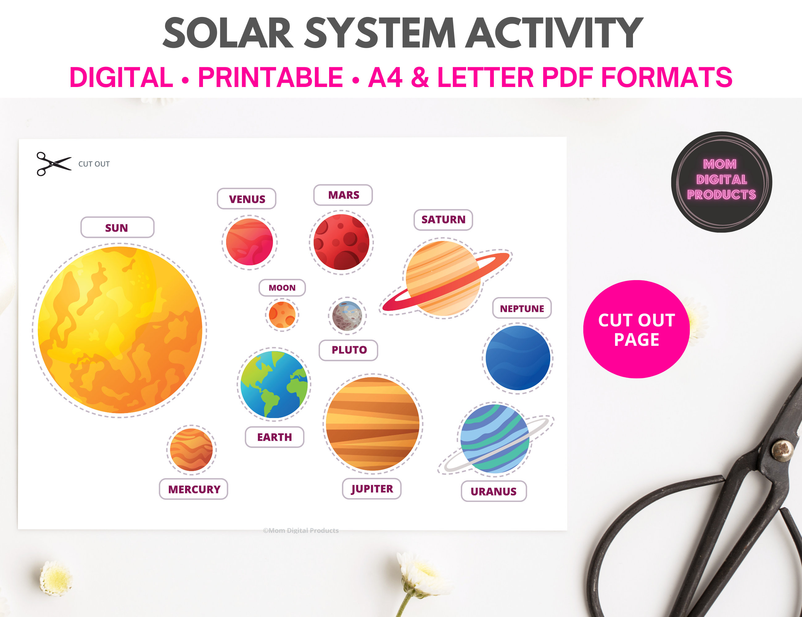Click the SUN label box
(117, 227)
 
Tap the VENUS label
(246, 199)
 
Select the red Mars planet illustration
(341, 242)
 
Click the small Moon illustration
(282, 315)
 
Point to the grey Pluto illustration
(347, 316)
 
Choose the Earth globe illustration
(274, 384)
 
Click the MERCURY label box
(193, 489)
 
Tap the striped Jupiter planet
(373, 424)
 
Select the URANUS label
(494, 491)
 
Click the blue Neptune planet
(518, 358)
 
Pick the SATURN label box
(443, 220)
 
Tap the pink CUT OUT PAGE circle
(636, 329)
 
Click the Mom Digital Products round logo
(721, 182)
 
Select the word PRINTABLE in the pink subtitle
(270, 77)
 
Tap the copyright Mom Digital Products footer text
(301, 530)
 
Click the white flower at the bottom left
(55, 578)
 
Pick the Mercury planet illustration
(191, 449)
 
